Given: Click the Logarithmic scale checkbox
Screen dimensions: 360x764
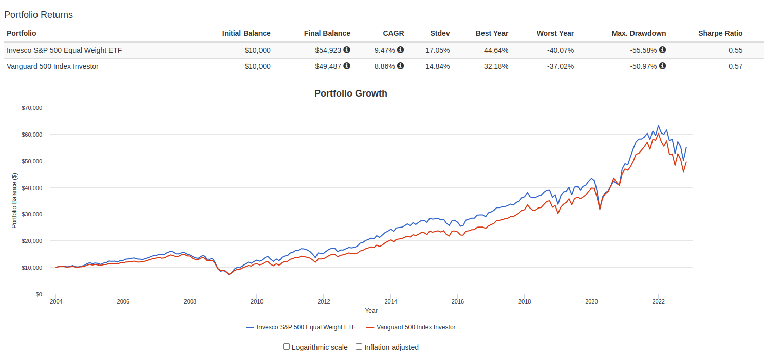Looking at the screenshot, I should click(x=287, y=347).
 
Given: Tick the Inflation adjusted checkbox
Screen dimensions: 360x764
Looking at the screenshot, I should click(x=359, y=347).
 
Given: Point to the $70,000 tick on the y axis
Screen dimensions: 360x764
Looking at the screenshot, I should click(x=32, y=108).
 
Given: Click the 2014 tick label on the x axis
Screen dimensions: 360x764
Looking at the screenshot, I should click(x=390, y=302).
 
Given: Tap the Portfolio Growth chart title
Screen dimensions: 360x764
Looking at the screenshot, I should click(x=350, y=93).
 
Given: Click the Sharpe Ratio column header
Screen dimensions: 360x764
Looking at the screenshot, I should click(x=720, y=33).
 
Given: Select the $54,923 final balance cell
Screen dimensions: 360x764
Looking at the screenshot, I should click(x=328, y=50).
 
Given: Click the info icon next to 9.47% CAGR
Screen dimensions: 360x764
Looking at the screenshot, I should click(x=400, y=50).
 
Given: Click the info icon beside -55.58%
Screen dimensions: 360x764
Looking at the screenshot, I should click(x=662, y=50).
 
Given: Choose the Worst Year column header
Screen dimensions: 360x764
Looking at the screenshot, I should click(x=555, y=33).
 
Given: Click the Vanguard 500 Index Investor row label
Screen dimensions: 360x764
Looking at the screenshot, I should click(x=52, y=66).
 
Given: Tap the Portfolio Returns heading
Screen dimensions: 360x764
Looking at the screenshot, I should click(x=39, y=15).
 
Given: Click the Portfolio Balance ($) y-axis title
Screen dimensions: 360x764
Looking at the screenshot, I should click(x=14, y=200).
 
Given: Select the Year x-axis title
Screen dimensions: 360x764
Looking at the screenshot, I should click(x=371, y=311).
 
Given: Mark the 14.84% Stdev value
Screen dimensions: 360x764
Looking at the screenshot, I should click(x=437, y=66).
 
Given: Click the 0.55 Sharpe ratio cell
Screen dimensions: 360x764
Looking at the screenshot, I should click(x=735, y=50).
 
